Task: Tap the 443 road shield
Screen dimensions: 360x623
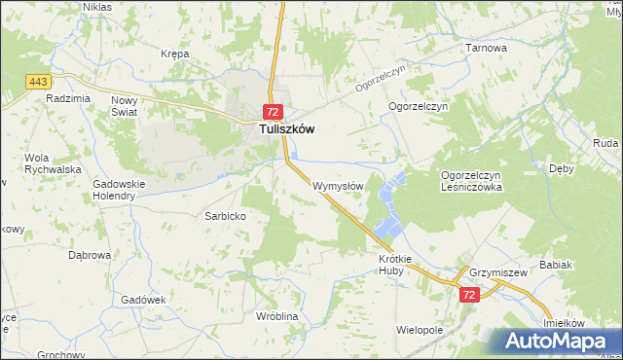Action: pyautogui.click(x=39, y=81)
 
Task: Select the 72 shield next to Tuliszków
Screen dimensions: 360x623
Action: pyautogui.click(x=274, y=112)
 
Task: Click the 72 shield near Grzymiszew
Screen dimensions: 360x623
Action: pyautogui.click(x=469, y=294)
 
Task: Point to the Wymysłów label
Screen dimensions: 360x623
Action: pyautogui.click(x=339, y=186)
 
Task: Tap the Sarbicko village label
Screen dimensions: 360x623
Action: pyautogui.click(x=224, y=216)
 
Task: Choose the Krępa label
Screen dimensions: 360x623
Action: pyautogui.click(x=175, y=54)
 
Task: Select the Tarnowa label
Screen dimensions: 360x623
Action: pyautogui.click(x=487, y=48)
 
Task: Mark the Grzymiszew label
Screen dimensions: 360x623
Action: pyautogui.click(x=497, y=273)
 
